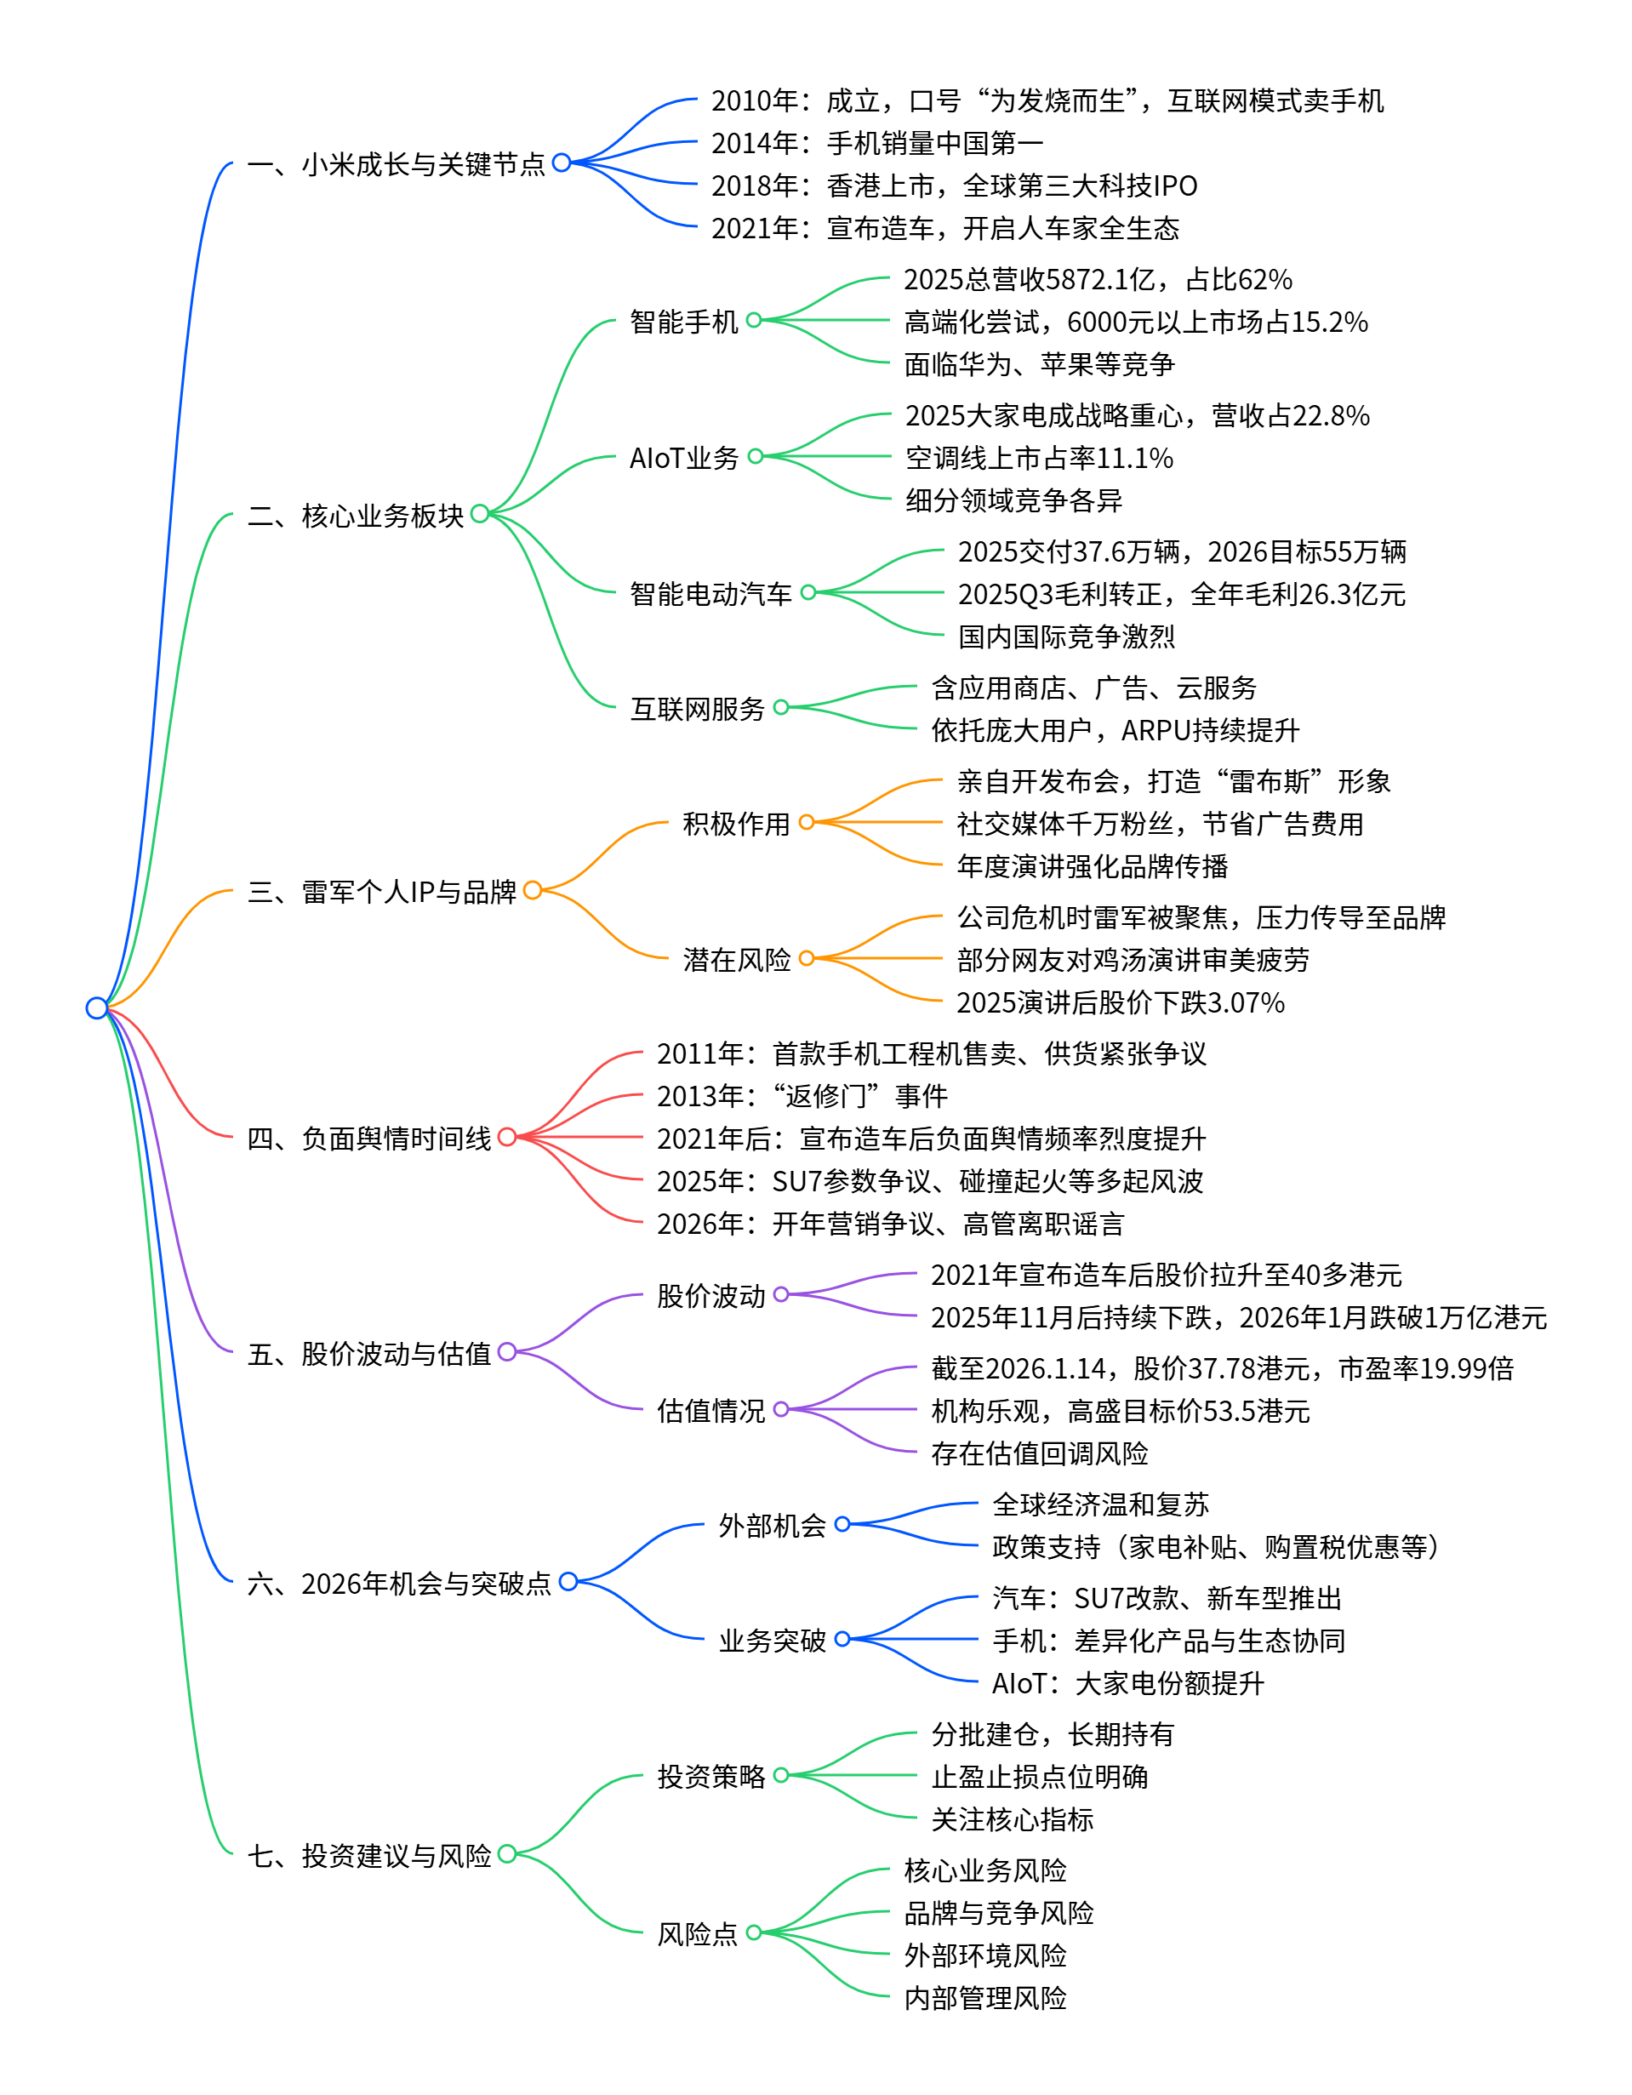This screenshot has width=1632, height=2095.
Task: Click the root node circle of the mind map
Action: coord(97,1008)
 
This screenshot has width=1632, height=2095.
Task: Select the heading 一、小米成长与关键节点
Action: coord(396,164)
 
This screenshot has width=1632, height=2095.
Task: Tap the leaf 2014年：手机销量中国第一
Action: coord(877,143)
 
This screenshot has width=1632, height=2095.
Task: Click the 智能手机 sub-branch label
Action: coord(683,322)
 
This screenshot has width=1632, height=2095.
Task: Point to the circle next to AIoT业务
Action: coord(755,457)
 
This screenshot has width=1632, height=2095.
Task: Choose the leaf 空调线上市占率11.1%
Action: coord(1039,458)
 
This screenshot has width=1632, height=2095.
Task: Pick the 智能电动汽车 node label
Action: coord(710,594)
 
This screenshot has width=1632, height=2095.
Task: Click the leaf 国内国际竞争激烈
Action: coord(1066,636)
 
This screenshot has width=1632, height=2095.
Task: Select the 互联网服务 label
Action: coord(697,709)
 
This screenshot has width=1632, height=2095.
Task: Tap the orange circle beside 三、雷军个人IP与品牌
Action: coord(533,890)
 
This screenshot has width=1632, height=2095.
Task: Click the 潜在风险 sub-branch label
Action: coord(736,959)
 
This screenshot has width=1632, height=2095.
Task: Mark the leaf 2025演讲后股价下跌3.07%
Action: coord(1120,1002)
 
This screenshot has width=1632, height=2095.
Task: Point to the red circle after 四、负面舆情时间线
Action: coord(506,1137)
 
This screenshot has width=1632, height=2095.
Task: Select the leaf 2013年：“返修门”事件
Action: coord(802,1095)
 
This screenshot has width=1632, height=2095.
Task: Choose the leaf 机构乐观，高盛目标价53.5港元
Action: coord(1120,1410)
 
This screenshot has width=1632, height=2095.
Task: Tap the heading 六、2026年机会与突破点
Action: coord(399,1583)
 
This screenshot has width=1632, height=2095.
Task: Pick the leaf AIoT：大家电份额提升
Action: coord(1127,1682)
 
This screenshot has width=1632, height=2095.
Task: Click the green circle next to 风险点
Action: coord(754,1932)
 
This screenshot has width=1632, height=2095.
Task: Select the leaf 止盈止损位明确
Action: coord(1039,1777)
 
